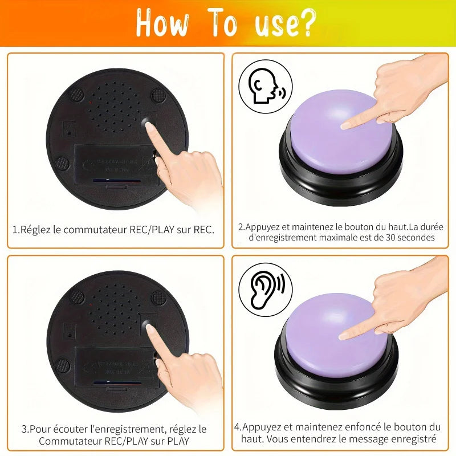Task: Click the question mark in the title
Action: coord(305,23)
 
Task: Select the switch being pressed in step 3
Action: coord(148,324)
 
